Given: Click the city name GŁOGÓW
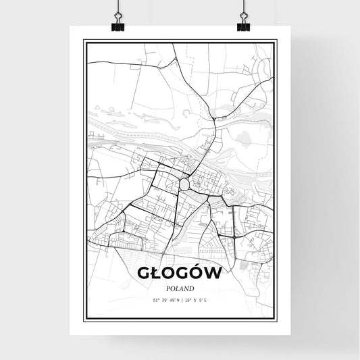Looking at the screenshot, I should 180,272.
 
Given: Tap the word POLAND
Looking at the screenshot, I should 180,288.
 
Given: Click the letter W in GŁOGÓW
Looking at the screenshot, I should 214,272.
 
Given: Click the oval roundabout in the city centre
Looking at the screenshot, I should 184,183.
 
